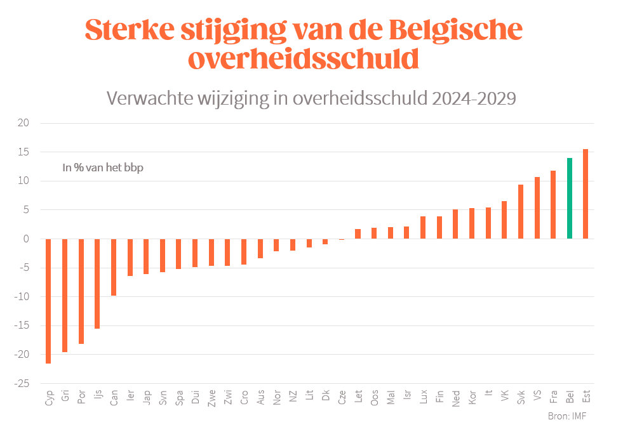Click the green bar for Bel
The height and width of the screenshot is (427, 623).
pyautogui.click(x=570, y=198)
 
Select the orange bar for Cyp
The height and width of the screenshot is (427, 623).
pyautogui.click(x=48, y=301)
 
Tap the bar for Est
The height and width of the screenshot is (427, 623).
pyautogui.click(x=586, y=194)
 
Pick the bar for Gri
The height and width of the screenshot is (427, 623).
pyautogui.click(x=65, y=295)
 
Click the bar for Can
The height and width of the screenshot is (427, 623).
pyautogui.click(x=114, y=267)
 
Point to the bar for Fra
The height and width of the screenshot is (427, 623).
pyautogui.click(x=553, y=204)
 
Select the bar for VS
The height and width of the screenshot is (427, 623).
pyautogui.click(x=537, y=207)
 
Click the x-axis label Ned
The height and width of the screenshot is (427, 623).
pyautogui.click(x=456, y=397)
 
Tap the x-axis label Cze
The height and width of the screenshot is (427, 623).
pyautogui.click(x=342, y=397)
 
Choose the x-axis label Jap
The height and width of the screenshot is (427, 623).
pyautogui.click(x=147, y=397)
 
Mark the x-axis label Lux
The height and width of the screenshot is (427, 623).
pyautogui.click(x=424, y=397)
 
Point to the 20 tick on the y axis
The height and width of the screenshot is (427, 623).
pyautogui.click(x=23, y=123)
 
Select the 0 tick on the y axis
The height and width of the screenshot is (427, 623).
pyautogui.click(x=26, y=239)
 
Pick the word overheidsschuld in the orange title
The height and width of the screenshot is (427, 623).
pyautogui.click(x=304, y=59)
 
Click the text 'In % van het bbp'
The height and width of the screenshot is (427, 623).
pyautogui.click(x=102, y=168)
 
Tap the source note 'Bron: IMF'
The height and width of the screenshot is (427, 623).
pyautogui.click(x=566, y=416)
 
